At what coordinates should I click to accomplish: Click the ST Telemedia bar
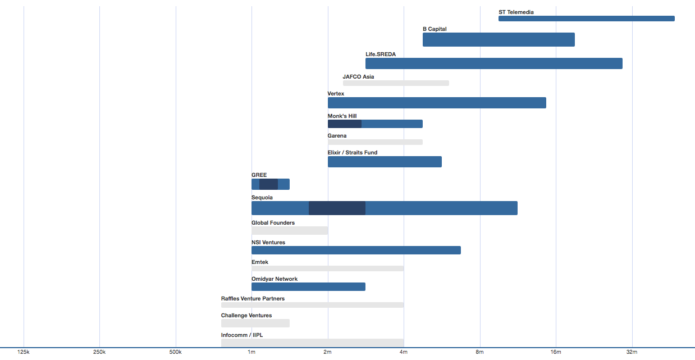point(587,19)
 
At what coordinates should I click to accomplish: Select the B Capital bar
point(499,40)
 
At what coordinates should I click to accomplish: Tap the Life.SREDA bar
point(494,63)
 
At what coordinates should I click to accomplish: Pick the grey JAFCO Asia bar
point(396,83)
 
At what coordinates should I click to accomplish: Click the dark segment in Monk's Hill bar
point(344,124)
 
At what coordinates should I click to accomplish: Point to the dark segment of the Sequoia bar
point(337,208)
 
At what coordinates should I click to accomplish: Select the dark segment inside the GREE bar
point(268,184)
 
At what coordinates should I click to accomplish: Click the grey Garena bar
point(375,142)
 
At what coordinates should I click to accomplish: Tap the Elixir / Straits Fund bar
point(385,162)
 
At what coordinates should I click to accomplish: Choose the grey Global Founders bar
point(290,231)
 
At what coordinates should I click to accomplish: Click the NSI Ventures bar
point(356,250)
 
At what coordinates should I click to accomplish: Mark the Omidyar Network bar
point(308,287)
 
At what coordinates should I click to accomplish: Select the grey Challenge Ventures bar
point(255,323)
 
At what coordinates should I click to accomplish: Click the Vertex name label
point(336,93)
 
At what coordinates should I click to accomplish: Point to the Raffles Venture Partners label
point(253,299)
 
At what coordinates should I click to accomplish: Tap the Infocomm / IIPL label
point(242,335)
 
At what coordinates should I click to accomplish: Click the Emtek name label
point(260,262)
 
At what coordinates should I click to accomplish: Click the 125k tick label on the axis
point(23,352)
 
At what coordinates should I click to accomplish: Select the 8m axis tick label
point(479,352)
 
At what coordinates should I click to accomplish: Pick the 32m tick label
point(632,352)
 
